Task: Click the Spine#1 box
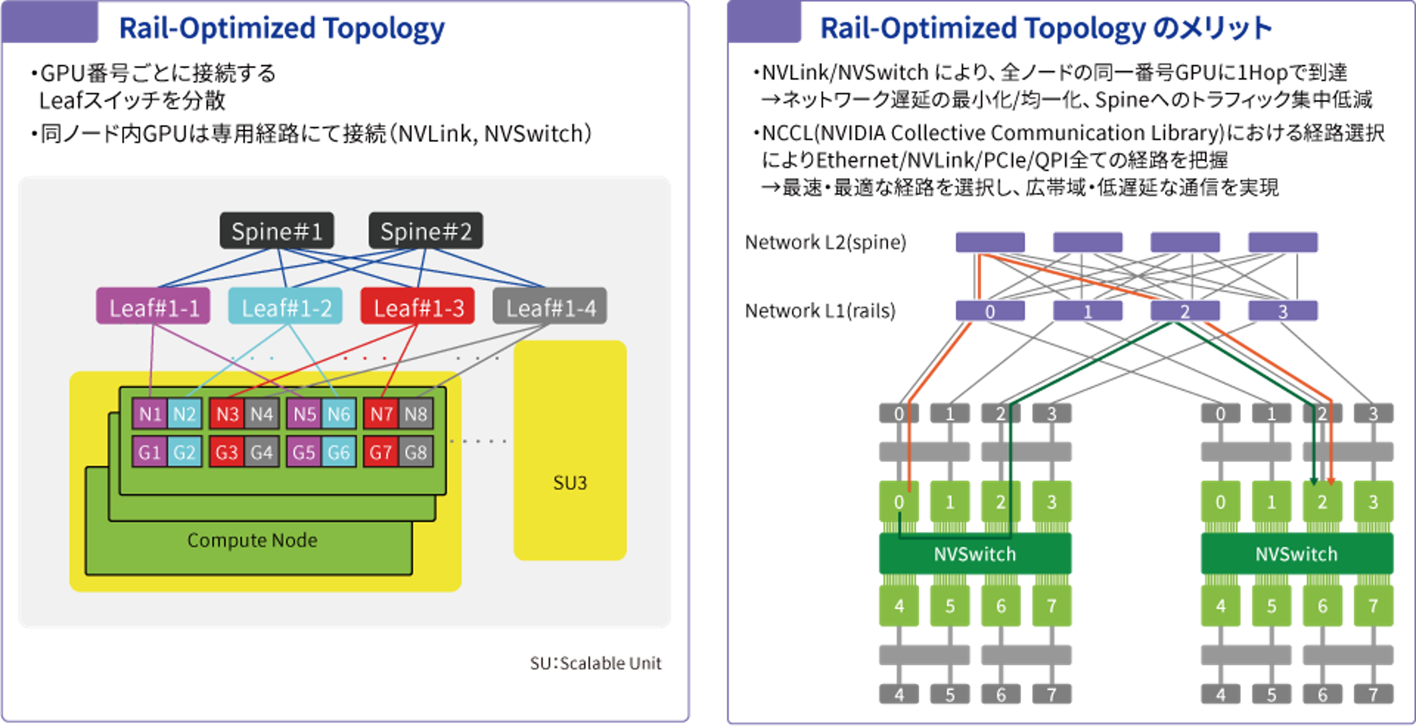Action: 276,231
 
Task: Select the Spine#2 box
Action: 426,231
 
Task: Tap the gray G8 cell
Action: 415,452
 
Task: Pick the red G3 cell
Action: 227,452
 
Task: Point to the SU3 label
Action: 570,483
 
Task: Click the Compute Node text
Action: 252,540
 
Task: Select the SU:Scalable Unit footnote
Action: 596,663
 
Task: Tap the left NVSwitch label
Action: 974,554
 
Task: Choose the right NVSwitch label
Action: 1296,554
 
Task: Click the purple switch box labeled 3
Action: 1283,311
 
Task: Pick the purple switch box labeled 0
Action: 990,311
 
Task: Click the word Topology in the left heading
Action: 384,29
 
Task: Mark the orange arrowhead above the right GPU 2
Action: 1331,481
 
